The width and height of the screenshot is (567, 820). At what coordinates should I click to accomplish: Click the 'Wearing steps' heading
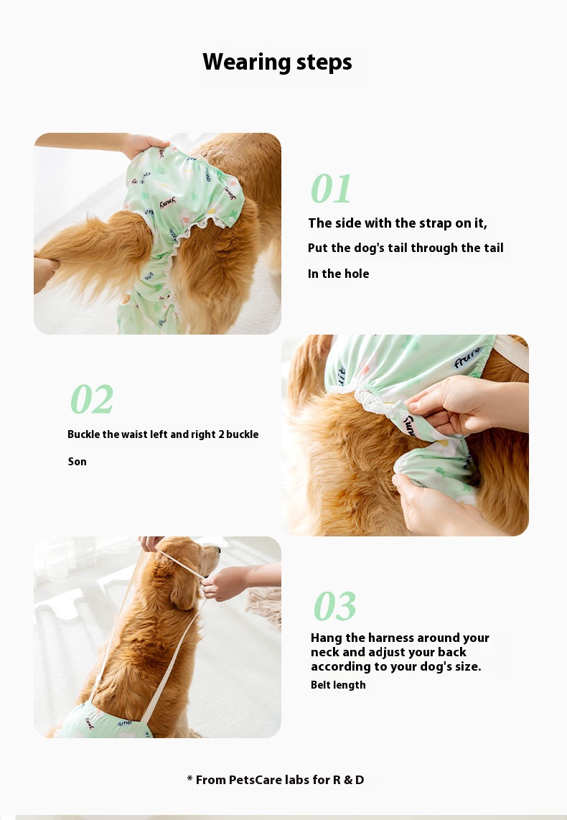(x=277, y=62)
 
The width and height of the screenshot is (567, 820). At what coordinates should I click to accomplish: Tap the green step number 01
(x=331, y=189)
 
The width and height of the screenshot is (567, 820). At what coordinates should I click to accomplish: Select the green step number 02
(x=91, y=399)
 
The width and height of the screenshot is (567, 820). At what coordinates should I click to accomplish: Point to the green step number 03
(x=334, y=605)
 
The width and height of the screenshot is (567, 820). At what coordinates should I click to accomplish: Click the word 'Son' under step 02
(x=78, y=462)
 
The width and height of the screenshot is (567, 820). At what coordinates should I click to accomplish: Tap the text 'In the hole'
(x=338, y=274)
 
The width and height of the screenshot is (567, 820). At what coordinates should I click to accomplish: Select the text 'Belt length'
(x=338, y=685)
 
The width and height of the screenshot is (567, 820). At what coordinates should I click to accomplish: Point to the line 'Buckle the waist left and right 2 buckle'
(x=163, y=434)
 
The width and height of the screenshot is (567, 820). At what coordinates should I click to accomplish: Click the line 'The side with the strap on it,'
(x=398, y=223)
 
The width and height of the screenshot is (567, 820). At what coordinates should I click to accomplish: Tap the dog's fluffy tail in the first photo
(x=94, y=256)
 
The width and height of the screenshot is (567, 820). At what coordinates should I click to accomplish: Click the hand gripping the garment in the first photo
(x=143, y=144)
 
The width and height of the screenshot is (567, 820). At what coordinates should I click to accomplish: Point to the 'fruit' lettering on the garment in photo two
(x=467, y=358)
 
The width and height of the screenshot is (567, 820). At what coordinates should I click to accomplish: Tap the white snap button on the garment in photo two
(x=402, y=465)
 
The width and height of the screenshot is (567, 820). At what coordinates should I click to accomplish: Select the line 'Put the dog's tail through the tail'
(x=406, y=248)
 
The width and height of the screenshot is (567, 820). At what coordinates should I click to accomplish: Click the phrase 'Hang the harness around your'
(x=400, y=638)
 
